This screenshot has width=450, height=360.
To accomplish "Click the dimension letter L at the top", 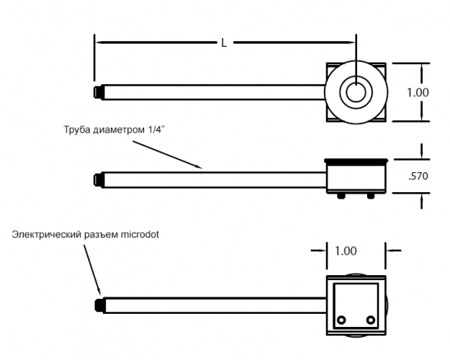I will (x=224, y=43).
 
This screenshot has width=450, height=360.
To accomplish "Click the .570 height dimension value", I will (x=418, y=176).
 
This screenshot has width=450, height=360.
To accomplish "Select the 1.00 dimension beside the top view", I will (x=418, y=92).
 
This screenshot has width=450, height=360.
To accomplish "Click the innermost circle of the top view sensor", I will (x=356, y=92).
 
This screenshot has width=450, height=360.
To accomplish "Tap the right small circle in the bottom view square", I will (x=370, y=320).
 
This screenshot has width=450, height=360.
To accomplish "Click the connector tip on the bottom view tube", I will (x=98, y=305).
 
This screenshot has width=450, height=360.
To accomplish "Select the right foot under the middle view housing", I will (x=370, y=195).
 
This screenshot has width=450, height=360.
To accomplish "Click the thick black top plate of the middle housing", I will (x=356, y=160).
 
